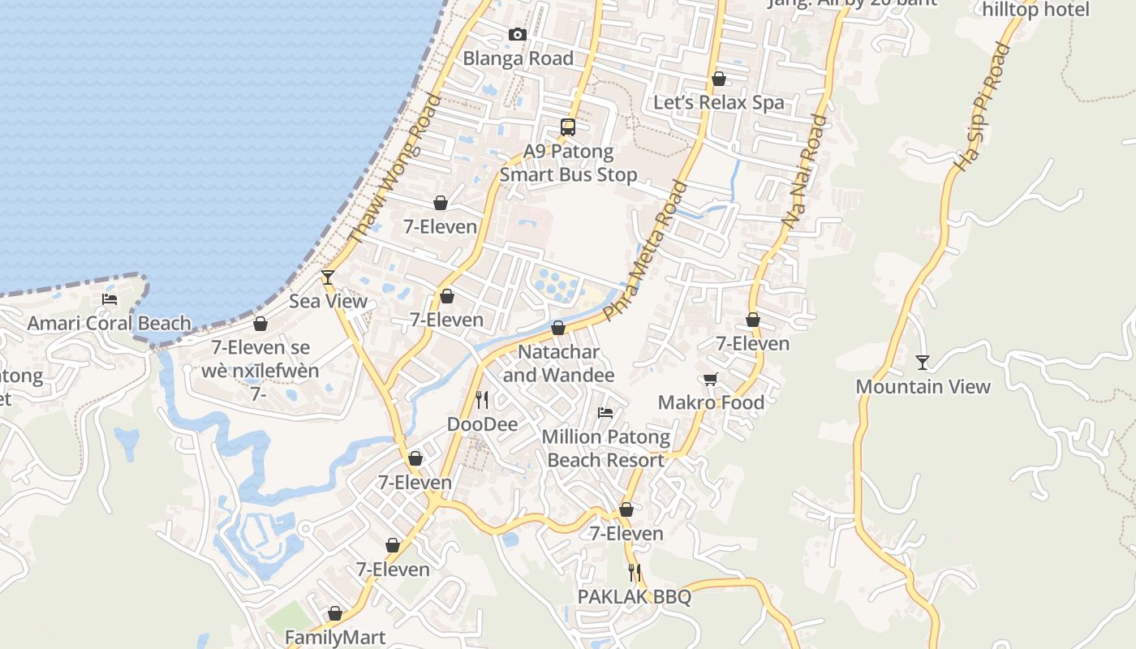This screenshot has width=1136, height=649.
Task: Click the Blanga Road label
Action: (518, 58)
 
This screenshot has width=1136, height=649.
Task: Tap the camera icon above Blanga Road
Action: (518, 34)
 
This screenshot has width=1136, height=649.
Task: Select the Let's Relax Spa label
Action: (719, 103)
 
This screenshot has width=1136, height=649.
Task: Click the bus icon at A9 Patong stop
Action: (568, 127)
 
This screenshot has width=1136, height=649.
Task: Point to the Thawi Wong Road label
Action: (394, 170)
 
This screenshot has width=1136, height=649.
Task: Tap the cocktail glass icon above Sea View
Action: (328, 277)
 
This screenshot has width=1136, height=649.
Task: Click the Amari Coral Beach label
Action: (110, 324)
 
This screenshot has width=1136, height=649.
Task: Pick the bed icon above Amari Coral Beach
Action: (110, 299)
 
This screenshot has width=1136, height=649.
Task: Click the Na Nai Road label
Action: (804, 170)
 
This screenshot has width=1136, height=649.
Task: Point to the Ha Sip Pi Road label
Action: (981, 106)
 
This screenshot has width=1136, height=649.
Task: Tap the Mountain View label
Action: (923, 387)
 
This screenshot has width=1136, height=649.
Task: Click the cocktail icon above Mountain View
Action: (922, 362)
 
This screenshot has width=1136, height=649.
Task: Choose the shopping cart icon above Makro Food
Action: (711, 379)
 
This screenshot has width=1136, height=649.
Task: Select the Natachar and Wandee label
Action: (558, 363)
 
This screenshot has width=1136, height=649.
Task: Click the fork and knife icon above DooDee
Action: (482, 399)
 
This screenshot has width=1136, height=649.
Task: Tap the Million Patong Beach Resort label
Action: (606, 449)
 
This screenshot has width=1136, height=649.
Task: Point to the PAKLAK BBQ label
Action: (635, 597)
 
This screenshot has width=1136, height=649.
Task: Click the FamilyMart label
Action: (335, 638)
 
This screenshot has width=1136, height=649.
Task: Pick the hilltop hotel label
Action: (1035, 10)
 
